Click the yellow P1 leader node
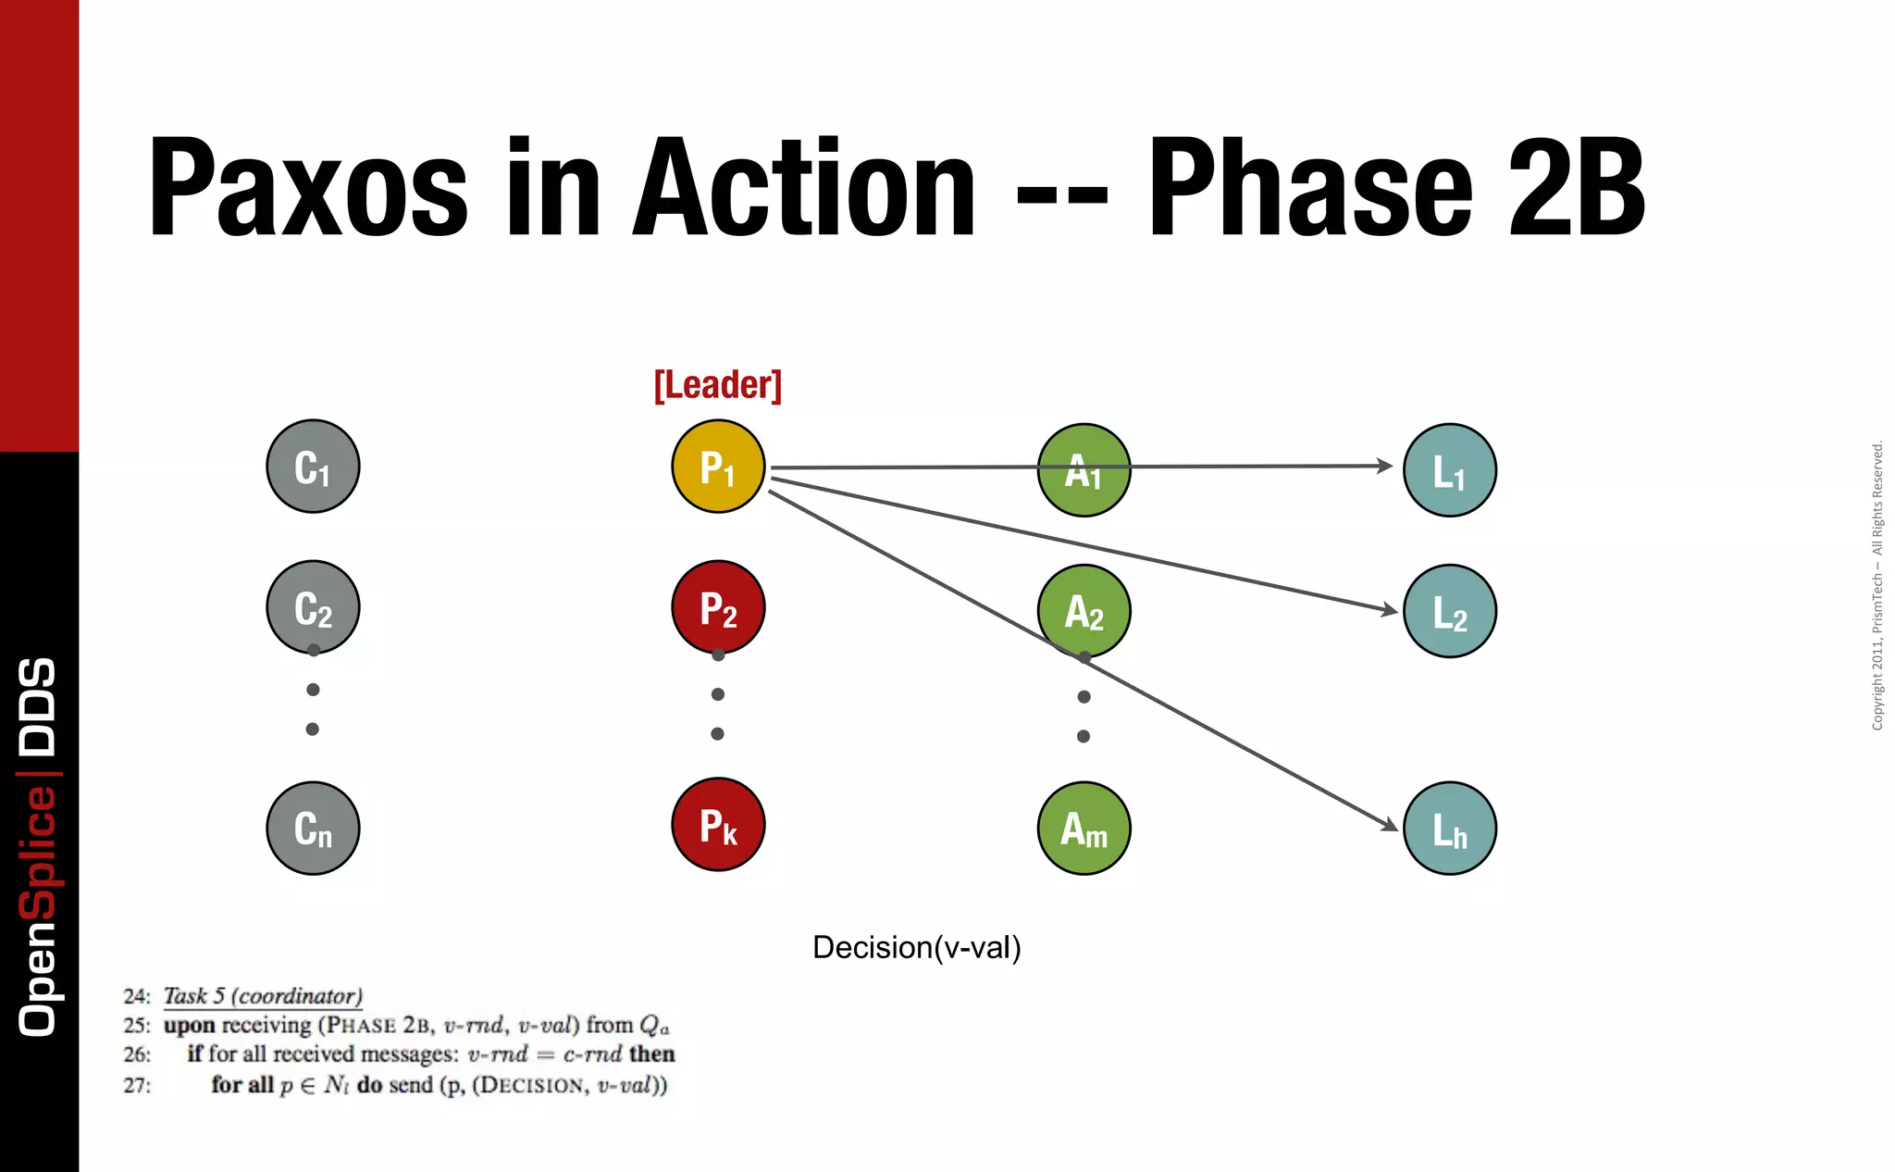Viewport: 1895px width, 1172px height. [x=718, y=467]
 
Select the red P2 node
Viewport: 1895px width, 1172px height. [x=718, y=607]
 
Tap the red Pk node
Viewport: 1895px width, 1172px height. [x=718, y=824]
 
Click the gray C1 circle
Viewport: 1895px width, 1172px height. [x=313, y=467]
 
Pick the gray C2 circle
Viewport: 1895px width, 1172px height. [x=313, y=607]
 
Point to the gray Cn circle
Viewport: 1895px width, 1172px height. [x=313, y=828]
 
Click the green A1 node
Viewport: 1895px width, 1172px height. [x=1084, y=470]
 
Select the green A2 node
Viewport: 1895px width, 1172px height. [x=1084, y=611]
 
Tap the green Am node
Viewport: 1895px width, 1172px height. [x=1084, y=828]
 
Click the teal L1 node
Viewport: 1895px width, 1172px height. [x=1449, y=470]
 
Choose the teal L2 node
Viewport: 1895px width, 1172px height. [x=1449, y=611]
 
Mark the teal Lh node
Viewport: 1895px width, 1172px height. [x=1449, y=828]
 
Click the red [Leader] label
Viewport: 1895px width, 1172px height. [x=718, y=385]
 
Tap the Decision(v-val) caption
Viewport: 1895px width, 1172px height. [x=916, y=948]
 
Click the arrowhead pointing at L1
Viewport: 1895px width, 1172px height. [x=1385, y=466]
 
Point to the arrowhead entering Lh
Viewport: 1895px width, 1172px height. [x=1390, y=824]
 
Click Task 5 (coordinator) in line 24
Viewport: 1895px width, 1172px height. [x=263, y=996]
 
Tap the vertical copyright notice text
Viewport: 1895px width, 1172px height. [x=1877, y=585]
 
